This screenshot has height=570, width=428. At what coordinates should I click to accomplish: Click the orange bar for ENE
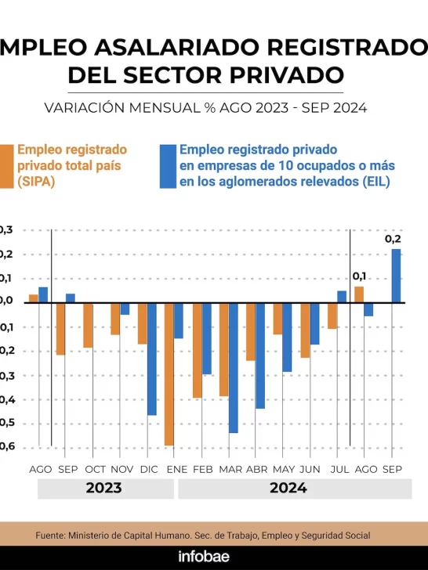[169, 374]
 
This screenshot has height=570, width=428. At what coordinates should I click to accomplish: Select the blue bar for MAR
[234, 368]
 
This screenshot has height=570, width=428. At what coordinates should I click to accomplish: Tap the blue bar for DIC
[152, 359]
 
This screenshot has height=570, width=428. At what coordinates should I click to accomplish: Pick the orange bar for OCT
[88, 326]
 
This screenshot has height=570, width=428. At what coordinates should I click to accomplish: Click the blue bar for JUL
[342, 297]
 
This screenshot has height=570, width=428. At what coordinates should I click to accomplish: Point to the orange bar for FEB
[197, 351]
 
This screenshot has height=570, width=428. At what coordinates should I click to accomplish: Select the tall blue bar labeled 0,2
[397, 276]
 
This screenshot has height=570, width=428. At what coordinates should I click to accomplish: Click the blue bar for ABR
[260, 356]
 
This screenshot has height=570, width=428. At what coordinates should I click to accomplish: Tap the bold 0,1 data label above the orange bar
[360, 276]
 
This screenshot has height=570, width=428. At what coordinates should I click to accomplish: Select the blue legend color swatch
[168, 166]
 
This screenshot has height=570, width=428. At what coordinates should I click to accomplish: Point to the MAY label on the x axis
[283, 469]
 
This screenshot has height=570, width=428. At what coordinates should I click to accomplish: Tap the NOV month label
[121, 469]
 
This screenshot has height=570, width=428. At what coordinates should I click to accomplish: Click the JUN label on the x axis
[310, 469]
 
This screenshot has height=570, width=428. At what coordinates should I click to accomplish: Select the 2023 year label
[103, 489]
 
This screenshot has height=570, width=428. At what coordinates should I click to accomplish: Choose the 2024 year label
[288, 489]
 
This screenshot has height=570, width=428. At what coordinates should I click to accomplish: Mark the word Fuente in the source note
[52, 535]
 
